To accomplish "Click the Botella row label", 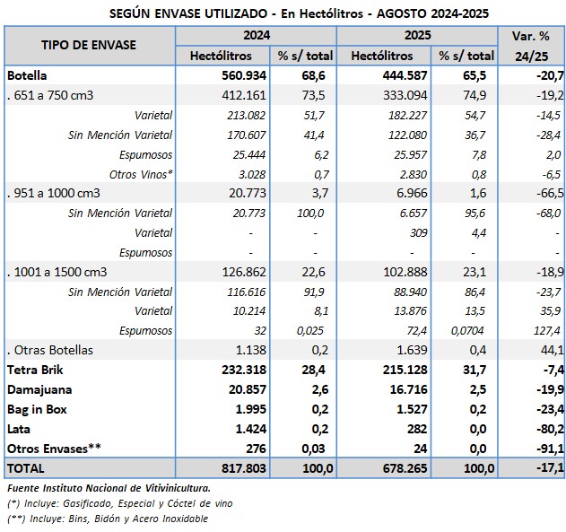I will pyautogui.click(x=27, y=74).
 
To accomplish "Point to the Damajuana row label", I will pyautogui.click(x=41, y=389).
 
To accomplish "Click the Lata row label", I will pyautogui.click(x=20, y=429).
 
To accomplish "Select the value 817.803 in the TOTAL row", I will pyautogui.click(x=244, y=468).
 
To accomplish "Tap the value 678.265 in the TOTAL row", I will pyautogui.click(x=404, y=468).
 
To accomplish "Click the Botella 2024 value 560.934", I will pyautogui.click(x=244, y=74).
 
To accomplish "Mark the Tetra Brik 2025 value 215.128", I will pyautogui.click(x=404, y=370).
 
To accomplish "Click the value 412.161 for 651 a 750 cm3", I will pyautogui.click(x=244, y=94).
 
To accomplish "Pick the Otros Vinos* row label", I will pyautogui.click(x=141, y=173).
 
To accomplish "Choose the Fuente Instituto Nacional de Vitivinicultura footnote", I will pyautogui.click(x=109, y=487).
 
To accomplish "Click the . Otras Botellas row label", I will pyautogui.click(x=50, y=350).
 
